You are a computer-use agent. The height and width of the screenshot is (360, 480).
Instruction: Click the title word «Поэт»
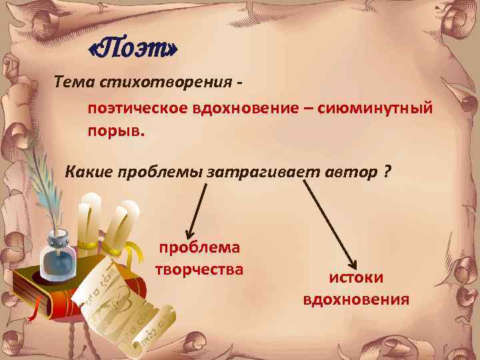click(134, 49)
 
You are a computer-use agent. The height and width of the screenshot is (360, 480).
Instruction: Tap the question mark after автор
click(387, 172)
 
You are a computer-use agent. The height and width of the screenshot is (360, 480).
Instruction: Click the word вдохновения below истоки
click(356, 299)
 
